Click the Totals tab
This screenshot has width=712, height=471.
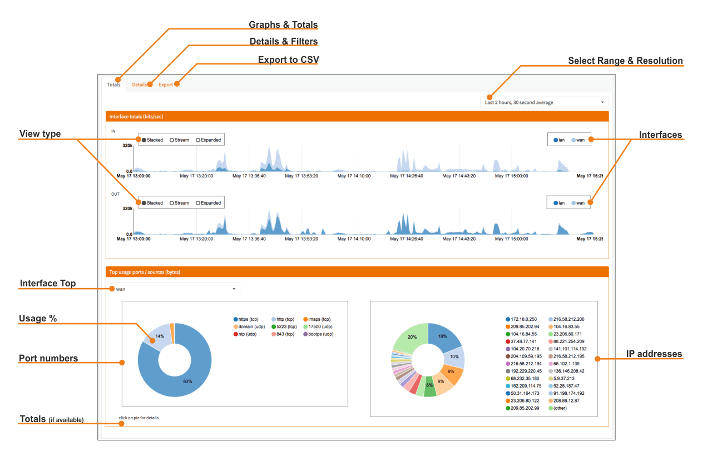(113, 85)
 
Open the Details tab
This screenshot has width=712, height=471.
(140, 85)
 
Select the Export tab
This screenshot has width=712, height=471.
(166, 85)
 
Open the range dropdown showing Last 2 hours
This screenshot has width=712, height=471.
(544, 102)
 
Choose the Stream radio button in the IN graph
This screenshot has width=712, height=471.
(180, 140)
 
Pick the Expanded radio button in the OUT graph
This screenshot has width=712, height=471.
(209, 203)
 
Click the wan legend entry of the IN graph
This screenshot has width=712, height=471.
(578, 140)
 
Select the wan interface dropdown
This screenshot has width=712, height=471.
(175, 289)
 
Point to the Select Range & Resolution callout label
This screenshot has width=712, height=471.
(625, 61)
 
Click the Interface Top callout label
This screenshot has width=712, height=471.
(48, 284)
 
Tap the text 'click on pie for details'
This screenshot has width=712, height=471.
(139, 418)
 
